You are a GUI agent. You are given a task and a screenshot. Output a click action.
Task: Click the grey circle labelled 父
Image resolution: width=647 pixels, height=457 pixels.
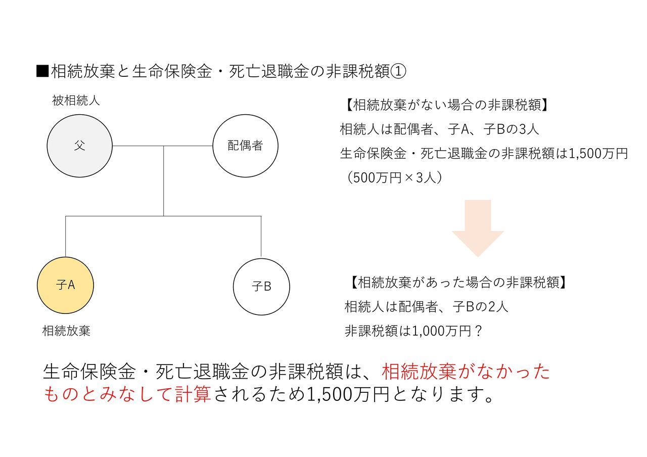[80, 146]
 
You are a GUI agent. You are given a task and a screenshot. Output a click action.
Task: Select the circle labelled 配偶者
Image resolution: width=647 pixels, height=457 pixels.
[246, 146]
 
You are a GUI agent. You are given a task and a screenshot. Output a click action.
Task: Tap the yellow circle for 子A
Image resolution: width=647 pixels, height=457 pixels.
[66, 285]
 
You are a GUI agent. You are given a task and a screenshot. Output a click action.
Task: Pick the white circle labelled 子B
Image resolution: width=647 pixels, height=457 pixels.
[261, 287]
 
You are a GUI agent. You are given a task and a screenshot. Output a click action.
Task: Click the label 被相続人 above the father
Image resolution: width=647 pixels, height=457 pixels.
[76, 101]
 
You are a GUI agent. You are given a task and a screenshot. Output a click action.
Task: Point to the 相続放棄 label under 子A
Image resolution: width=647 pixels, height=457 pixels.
[66, 331]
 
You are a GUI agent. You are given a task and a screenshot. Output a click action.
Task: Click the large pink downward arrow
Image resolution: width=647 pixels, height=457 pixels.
[478, 228]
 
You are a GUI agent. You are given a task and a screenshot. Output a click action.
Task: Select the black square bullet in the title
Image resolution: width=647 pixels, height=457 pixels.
[42, 71]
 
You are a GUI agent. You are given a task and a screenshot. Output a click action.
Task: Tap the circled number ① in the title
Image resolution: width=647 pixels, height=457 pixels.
[398, 71]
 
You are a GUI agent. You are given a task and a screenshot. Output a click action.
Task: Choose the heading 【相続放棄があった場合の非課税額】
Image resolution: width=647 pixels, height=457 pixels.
[458, 282]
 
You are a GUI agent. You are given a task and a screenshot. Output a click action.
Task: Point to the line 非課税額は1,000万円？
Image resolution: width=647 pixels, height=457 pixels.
[413, 331]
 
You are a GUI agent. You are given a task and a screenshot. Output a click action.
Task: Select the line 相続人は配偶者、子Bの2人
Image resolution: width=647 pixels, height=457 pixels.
[426, 306]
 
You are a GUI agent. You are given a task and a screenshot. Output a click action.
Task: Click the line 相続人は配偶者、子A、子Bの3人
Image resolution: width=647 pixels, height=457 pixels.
[439, 129]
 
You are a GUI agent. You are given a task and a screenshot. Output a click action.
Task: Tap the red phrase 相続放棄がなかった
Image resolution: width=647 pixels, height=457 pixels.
[466, 371]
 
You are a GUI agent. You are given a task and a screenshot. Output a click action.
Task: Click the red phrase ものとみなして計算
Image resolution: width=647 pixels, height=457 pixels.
[127, 394]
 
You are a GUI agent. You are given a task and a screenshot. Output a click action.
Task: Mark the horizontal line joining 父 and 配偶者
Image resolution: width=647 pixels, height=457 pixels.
[163, 146]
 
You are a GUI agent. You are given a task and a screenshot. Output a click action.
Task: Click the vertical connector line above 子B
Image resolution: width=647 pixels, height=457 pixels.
[261, 236]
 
